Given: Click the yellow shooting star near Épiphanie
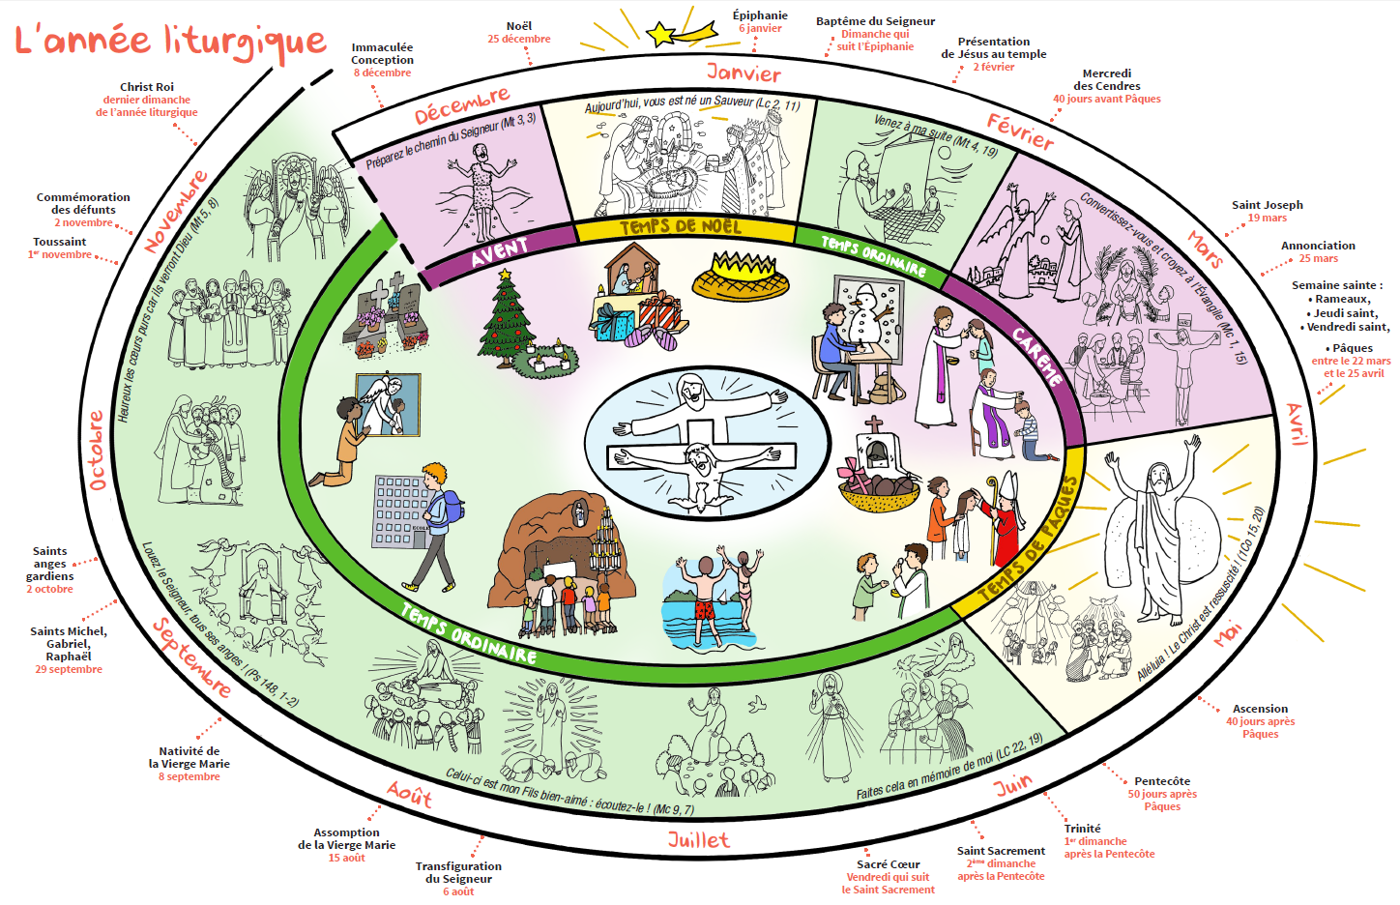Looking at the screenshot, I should [663, 35].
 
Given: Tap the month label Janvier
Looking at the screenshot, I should [743, 73].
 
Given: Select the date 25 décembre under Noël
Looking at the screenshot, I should [519, 39].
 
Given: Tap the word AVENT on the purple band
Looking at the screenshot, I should [499, 252].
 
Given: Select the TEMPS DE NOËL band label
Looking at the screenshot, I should [681, 227].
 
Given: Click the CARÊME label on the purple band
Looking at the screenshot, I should [1038, 357].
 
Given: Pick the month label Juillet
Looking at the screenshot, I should [698, 840].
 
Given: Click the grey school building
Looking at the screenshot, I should [398, 511].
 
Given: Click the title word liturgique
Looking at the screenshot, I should [246, 42].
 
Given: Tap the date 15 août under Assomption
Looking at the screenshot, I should [346, 858].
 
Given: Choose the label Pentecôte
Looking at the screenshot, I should [1161, 781].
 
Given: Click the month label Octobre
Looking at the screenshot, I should [98, 450].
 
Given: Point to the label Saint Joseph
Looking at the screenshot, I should [1267, 205].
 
